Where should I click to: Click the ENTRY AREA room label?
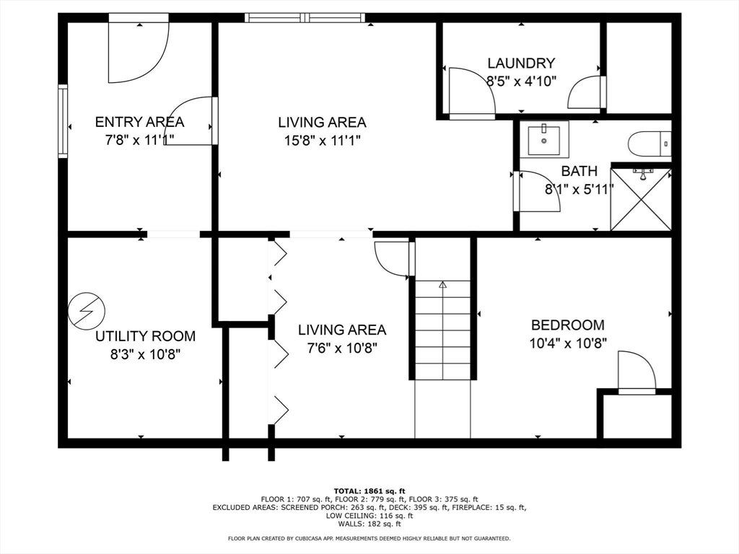[x=139, y=122]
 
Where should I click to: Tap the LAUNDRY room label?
[x=521, y=63]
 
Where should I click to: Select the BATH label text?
[x=580, y=170]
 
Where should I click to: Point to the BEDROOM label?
[x=567, y=325]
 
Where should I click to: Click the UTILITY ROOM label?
[x=145, y=336]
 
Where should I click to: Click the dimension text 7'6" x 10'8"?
[x=341, y=348]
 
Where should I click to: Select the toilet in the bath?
[x=650, y=144]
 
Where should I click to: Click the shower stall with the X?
[x=641, y=198]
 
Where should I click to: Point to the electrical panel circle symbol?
[x=87, y=310]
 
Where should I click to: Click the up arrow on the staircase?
[x=442, y=284]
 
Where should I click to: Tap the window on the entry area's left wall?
[x=63, y=121]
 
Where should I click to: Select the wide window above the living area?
[x=305, y=18]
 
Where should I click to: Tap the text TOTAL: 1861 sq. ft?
[x=369, y=491]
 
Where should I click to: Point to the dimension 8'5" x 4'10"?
[x=521, y=81]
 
